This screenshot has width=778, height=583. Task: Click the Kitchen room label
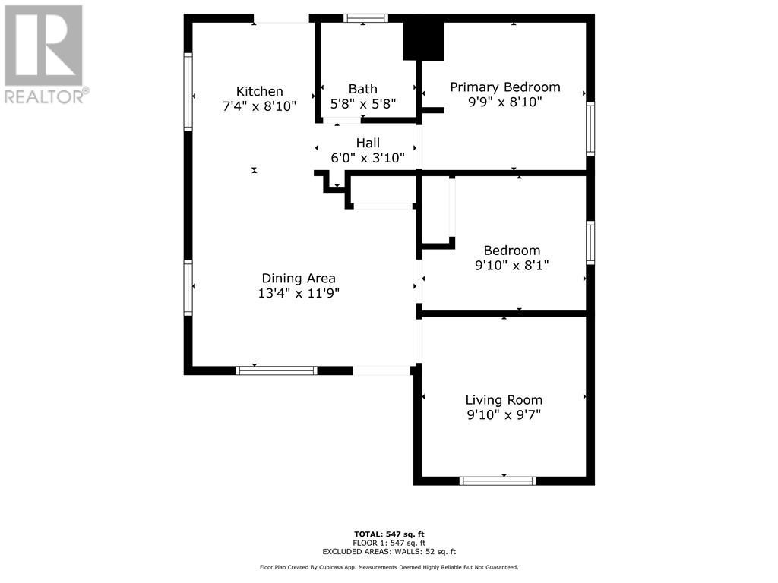(259, 91)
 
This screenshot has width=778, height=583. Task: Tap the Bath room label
(362, 89)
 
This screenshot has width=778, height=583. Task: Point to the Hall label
(368, 143)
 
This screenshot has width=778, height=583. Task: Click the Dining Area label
(299, 278)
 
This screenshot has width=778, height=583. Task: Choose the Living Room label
(504, 399)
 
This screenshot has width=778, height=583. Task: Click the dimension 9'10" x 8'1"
(511, 265)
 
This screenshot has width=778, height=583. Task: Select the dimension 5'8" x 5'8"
(362, 104)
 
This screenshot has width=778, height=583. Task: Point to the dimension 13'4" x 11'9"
(299, 293)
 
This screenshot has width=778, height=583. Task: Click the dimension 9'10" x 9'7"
(504, 414)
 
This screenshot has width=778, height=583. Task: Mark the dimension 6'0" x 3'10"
(368, 158)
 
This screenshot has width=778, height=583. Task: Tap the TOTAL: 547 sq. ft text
(388, 534)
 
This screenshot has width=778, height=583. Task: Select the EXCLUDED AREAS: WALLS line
(388, 552)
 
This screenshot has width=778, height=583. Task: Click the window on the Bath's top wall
(365, 18)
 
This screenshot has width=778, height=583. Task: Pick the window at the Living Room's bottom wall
(498, 481)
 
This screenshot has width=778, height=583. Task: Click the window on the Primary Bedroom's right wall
(590, 129)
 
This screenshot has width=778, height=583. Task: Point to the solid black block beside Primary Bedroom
(422, 40)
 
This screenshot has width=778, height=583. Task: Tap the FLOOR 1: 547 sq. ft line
(388, 543)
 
